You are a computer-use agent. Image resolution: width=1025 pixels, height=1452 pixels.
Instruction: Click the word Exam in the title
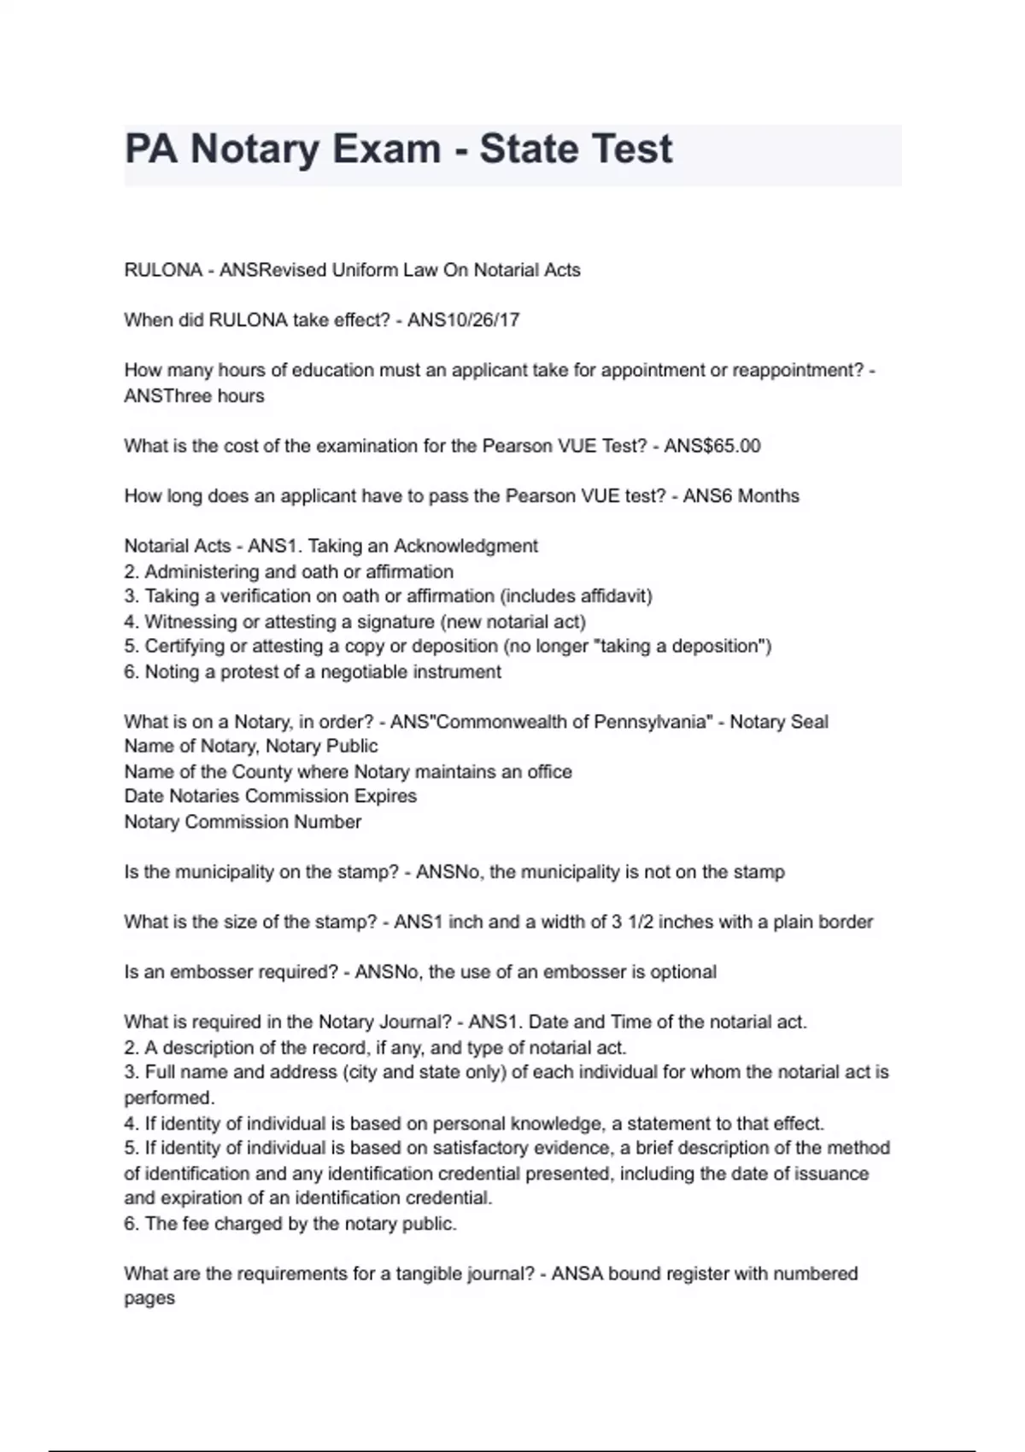(386, 149)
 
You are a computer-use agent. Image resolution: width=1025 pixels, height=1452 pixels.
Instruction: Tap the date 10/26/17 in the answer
(489, 320)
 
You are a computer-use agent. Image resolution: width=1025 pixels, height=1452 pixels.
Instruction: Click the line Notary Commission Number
(243, 822)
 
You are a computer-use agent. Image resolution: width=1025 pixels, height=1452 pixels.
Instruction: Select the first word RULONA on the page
(163, 270)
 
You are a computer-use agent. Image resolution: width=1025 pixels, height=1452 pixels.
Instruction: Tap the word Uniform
(366, 270)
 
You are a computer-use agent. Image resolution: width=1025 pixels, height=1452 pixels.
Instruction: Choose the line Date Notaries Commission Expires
(271, 796)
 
